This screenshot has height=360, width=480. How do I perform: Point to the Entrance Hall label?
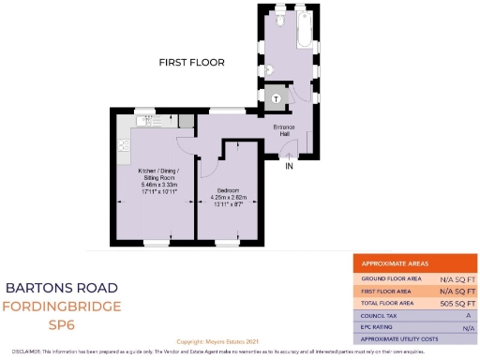pos(284,130)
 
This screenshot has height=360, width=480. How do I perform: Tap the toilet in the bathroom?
pos(284,20)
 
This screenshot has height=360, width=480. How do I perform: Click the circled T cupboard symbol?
pos(277,98)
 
